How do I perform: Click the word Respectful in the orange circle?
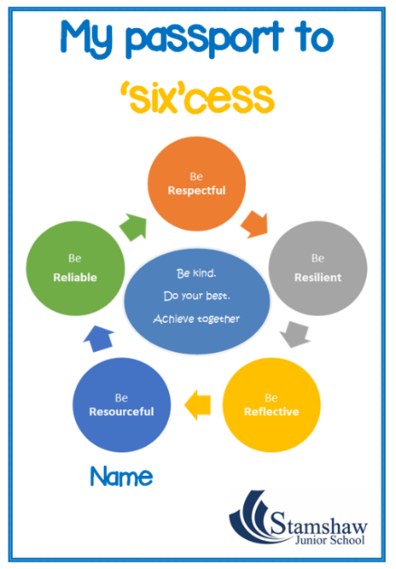click(196, 191)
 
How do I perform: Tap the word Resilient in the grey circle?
click(317, 278)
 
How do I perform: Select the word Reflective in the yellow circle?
click(271, 412)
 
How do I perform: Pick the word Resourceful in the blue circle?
click(121, 412)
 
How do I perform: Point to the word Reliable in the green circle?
click(75, 278)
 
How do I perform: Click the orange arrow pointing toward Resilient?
click(255, 225)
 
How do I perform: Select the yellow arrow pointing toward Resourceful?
click(198, 405)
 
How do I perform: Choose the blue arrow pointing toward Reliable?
click(99, 338)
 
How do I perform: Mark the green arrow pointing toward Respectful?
click(134, 227)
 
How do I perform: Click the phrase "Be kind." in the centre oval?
click(196, 273)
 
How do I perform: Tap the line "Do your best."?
click(196, 296)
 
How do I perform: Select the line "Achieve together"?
click(196, 319)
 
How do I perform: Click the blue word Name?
click(121, 477)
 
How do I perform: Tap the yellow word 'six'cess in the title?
click(197, 98)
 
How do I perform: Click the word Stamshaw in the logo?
click(319, 524)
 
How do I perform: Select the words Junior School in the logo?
click(330, 540)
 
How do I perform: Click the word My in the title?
click(86, 38)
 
